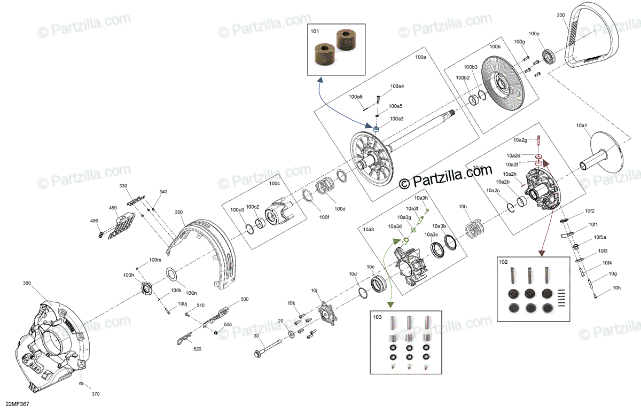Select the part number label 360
[x=27, y=283]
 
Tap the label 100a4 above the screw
[x=397, y=86]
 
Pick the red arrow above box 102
[x=542, y=214]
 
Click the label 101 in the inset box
[x=315, y=32]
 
